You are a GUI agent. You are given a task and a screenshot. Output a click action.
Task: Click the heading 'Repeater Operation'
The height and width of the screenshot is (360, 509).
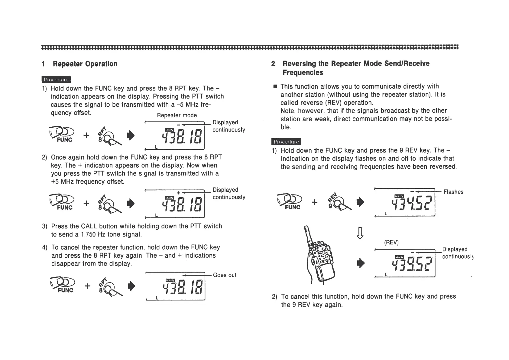click(85, 64)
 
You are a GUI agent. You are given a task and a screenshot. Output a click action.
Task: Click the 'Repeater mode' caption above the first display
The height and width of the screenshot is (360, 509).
click(177, 115)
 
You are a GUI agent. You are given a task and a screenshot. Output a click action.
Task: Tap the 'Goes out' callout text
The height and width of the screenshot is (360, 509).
click(225, 275)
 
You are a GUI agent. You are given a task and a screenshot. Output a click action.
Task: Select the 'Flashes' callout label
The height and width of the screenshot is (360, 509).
click(453, 192)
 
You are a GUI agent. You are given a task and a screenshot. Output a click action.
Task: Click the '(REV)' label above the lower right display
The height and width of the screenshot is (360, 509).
click(391, 242)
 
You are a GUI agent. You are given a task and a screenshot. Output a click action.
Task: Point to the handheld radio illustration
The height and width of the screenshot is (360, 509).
click(320, 257)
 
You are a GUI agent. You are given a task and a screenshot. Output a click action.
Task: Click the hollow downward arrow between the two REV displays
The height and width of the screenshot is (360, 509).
click(360, 233)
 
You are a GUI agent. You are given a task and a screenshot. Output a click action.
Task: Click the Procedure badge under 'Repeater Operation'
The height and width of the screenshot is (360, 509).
click(56, 80)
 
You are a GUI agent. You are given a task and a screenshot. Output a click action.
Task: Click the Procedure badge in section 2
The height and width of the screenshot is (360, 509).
click(286, 142)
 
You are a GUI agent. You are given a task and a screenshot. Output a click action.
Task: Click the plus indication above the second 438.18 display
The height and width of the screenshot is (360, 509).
click(179, 193)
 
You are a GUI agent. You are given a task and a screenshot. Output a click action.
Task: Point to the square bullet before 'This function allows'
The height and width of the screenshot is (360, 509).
click(275, 87)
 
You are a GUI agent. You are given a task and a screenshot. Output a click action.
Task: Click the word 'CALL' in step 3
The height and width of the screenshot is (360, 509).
click(89, 226)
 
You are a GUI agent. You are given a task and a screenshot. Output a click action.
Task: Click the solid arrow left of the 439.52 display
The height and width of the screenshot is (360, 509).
click(360, 263)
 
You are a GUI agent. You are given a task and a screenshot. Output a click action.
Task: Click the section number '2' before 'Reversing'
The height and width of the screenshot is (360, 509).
click(273, 64)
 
